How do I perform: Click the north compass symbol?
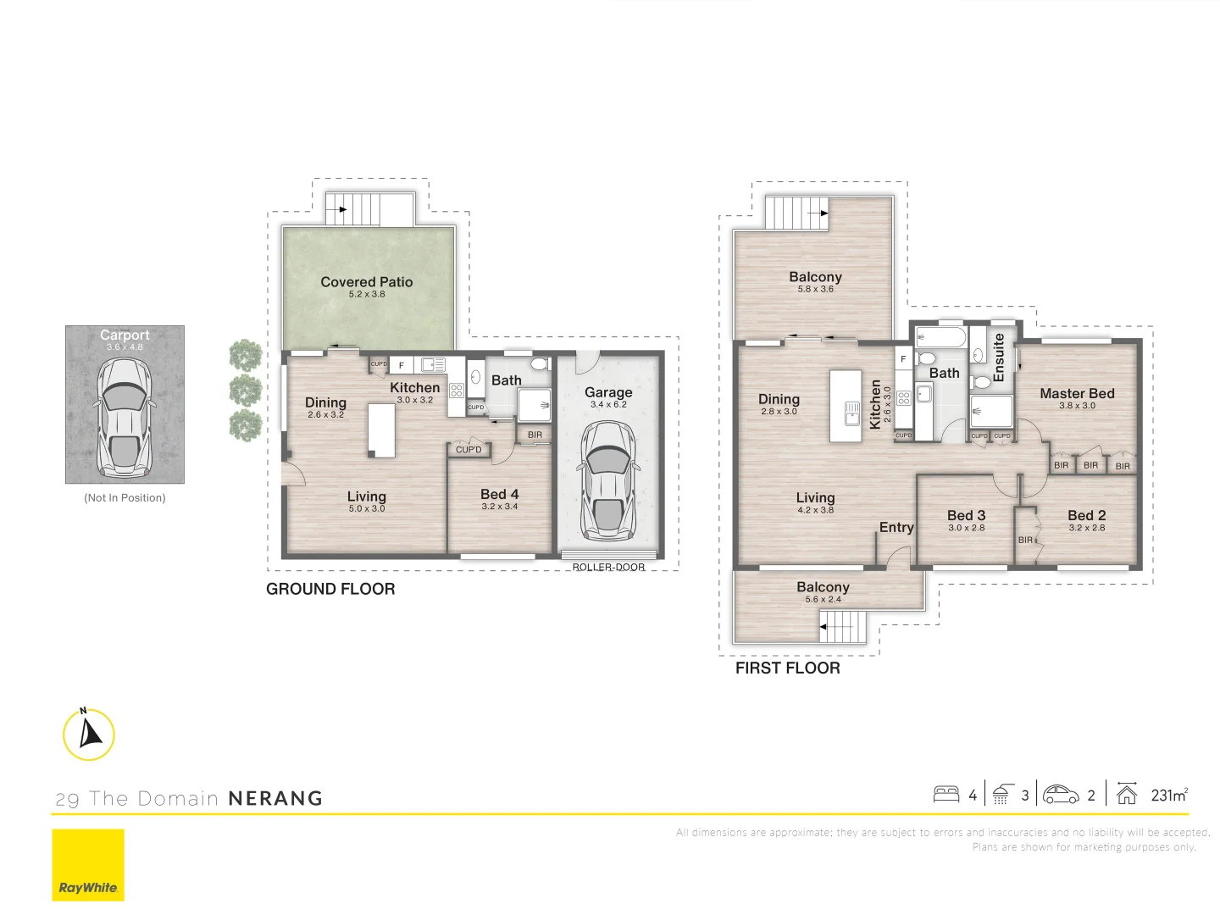coord(89,734)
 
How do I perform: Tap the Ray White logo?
coord(88,865)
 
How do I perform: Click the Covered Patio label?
coord(366,282)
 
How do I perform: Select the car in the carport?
coord(125,417)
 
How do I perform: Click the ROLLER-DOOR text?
coord(608,567)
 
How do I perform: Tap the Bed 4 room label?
coord(499,494)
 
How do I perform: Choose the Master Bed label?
coord(1077,393)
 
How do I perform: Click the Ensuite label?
coord(998,357)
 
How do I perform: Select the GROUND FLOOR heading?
coord(330,589)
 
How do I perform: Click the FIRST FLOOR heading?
coord(787,668)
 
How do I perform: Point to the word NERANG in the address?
coord(275,798)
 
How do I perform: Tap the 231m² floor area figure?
coord(1169,795)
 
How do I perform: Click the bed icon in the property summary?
coord(946,795)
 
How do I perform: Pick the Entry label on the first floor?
coord(896,527)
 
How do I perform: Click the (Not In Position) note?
coord(125,497)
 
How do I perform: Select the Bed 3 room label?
coord(966,515)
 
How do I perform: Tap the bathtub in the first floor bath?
coord(940,338)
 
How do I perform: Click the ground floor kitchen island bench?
coord(381,430)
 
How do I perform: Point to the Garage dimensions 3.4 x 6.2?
coord(608,405)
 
